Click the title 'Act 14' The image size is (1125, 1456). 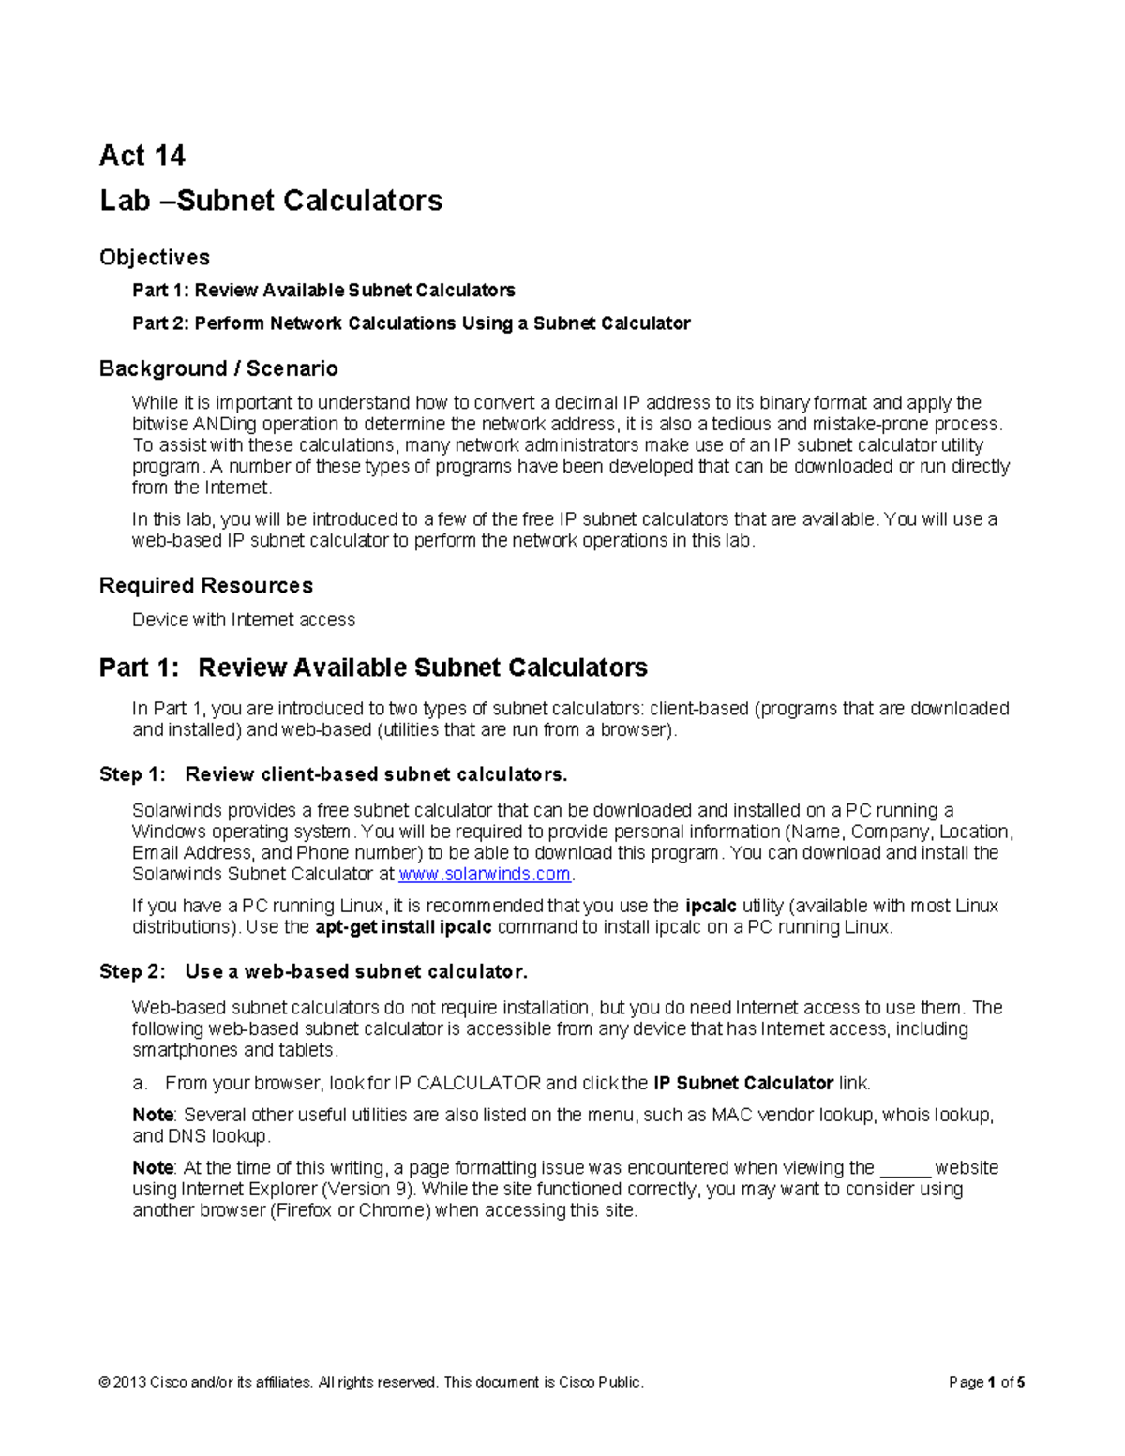coord(142,156)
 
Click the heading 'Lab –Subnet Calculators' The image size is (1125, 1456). coord(271,201)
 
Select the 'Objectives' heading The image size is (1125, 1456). coord(155,257)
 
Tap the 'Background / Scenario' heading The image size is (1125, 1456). coord(218,368)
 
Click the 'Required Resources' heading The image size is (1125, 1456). coord(206,586)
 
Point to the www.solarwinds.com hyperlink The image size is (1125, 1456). coord(485,875)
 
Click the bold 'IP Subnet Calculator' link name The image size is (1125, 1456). coord(743,1084)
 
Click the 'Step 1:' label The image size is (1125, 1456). coord(133,774)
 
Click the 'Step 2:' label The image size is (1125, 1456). coord(133,972)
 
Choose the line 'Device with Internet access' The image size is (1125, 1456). coord(244,620)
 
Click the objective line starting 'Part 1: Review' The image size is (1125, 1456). coord(323,291)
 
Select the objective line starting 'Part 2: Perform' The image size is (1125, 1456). coord(411,323)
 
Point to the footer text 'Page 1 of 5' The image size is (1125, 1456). coord(986,1383)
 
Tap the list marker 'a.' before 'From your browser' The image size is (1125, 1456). coord(141,1084)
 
